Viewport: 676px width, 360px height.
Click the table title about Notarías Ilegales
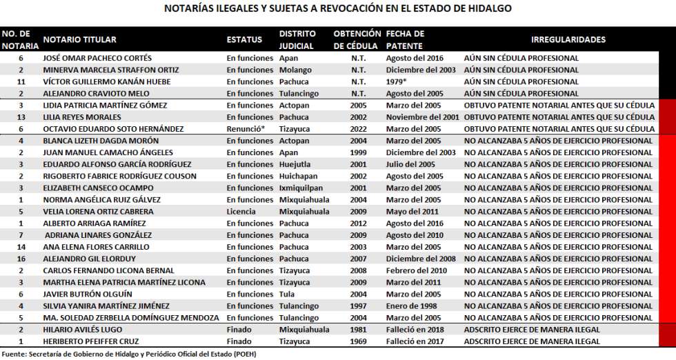pyautogui.click(x=338, y=9)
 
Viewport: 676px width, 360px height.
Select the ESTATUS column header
pyautogui.click(x=244, y=39)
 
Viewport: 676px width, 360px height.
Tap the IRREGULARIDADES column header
pyautogui.click(x=568, y=39)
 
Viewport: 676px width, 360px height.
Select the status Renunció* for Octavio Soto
pyautogui.click(x=246, y=129)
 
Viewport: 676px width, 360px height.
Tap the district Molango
pyautogui.click(x=295, y=70)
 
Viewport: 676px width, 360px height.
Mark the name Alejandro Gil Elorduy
pyautogui.click(x=88, y=259)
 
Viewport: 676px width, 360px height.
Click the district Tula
pyautogui.click(x=288, y=294)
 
